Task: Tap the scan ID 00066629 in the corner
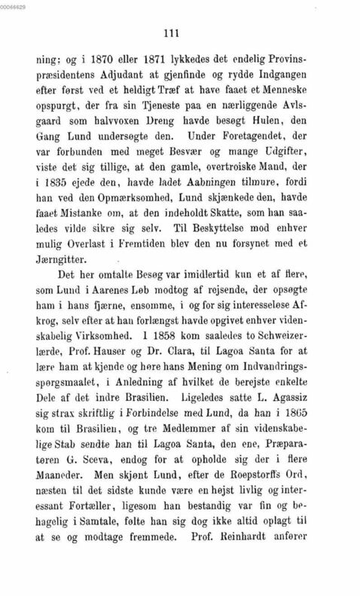[14, 5]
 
